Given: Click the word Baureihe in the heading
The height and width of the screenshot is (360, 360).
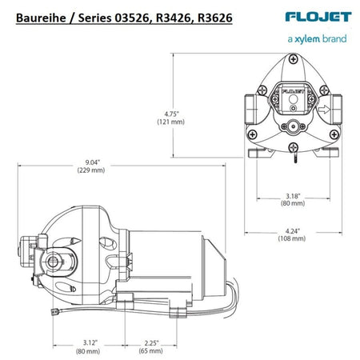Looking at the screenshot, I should [38, 14].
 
